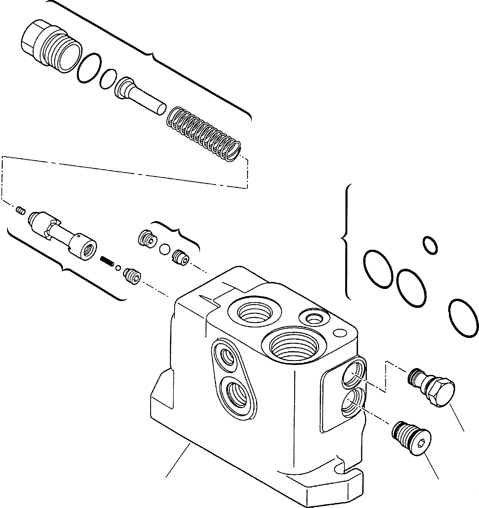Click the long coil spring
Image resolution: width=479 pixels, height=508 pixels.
203,134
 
